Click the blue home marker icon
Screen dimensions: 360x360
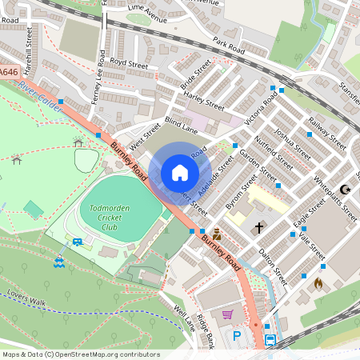pyautogui.click(x=180, y=173)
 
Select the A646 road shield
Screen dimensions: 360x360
pyautogui.click(x=8, y=72)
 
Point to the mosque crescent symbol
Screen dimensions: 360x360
pyautogui.click(x=346, y=190)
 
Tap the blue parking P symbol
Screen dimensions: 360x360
pyautogui.click(x=236, y=337)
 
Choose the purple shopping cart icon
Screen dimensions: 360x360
pyautogui.click(x=227, y=314)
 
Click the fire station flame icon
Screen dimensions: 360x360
pyautogui.click(x=318, y=283)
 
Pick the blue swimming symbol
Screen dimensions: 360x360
pyautogui.click(x=59, y=261)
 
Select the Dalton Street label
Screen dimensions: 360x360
pyautogui.click(x=273, y=266)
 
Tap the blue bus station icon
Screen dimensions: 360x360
pyautogui.click(x=270, y=340)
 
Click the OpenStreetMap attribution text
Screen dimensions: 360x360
pyautogui.click(x=80, y=354)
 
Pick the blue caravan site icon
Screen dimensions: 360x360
pyautogui.click(x=78, y=242)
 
